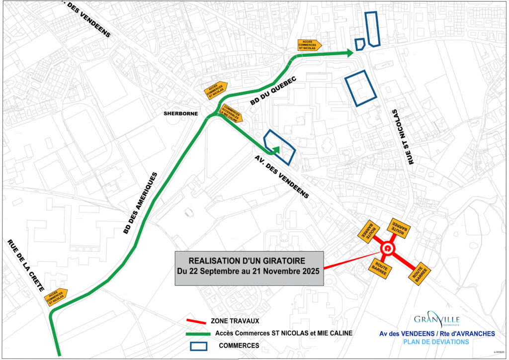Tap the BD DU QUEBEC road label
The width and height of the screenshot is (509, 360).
click(x=273, y=90)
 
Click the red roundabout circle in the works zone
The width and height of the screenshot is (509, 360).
click(x=387, y=249)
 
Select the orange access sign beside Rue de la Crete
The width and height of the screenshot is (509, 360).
click(x=56, y=297)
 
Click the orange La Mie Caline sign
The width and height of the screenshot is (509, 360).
click(x=232, y=113)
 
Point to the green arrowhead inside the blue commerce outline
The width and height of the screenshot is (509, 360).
click(x=276, y=149)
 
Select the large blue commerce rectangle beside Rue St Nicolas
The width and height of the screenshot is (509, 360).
click(x=360, y=88)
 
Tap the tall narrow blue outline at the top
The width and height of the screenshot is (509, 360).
click(x=373, y=29)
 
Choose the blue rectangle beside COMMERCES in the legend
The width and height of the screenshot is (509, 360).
click(x=201, y=345)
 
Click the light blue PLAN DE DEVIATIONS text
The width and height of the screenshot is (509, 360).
click(x=435, y=342)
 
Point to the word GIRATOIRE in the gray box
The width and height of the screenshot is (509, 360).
click(x=278, y=260)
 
